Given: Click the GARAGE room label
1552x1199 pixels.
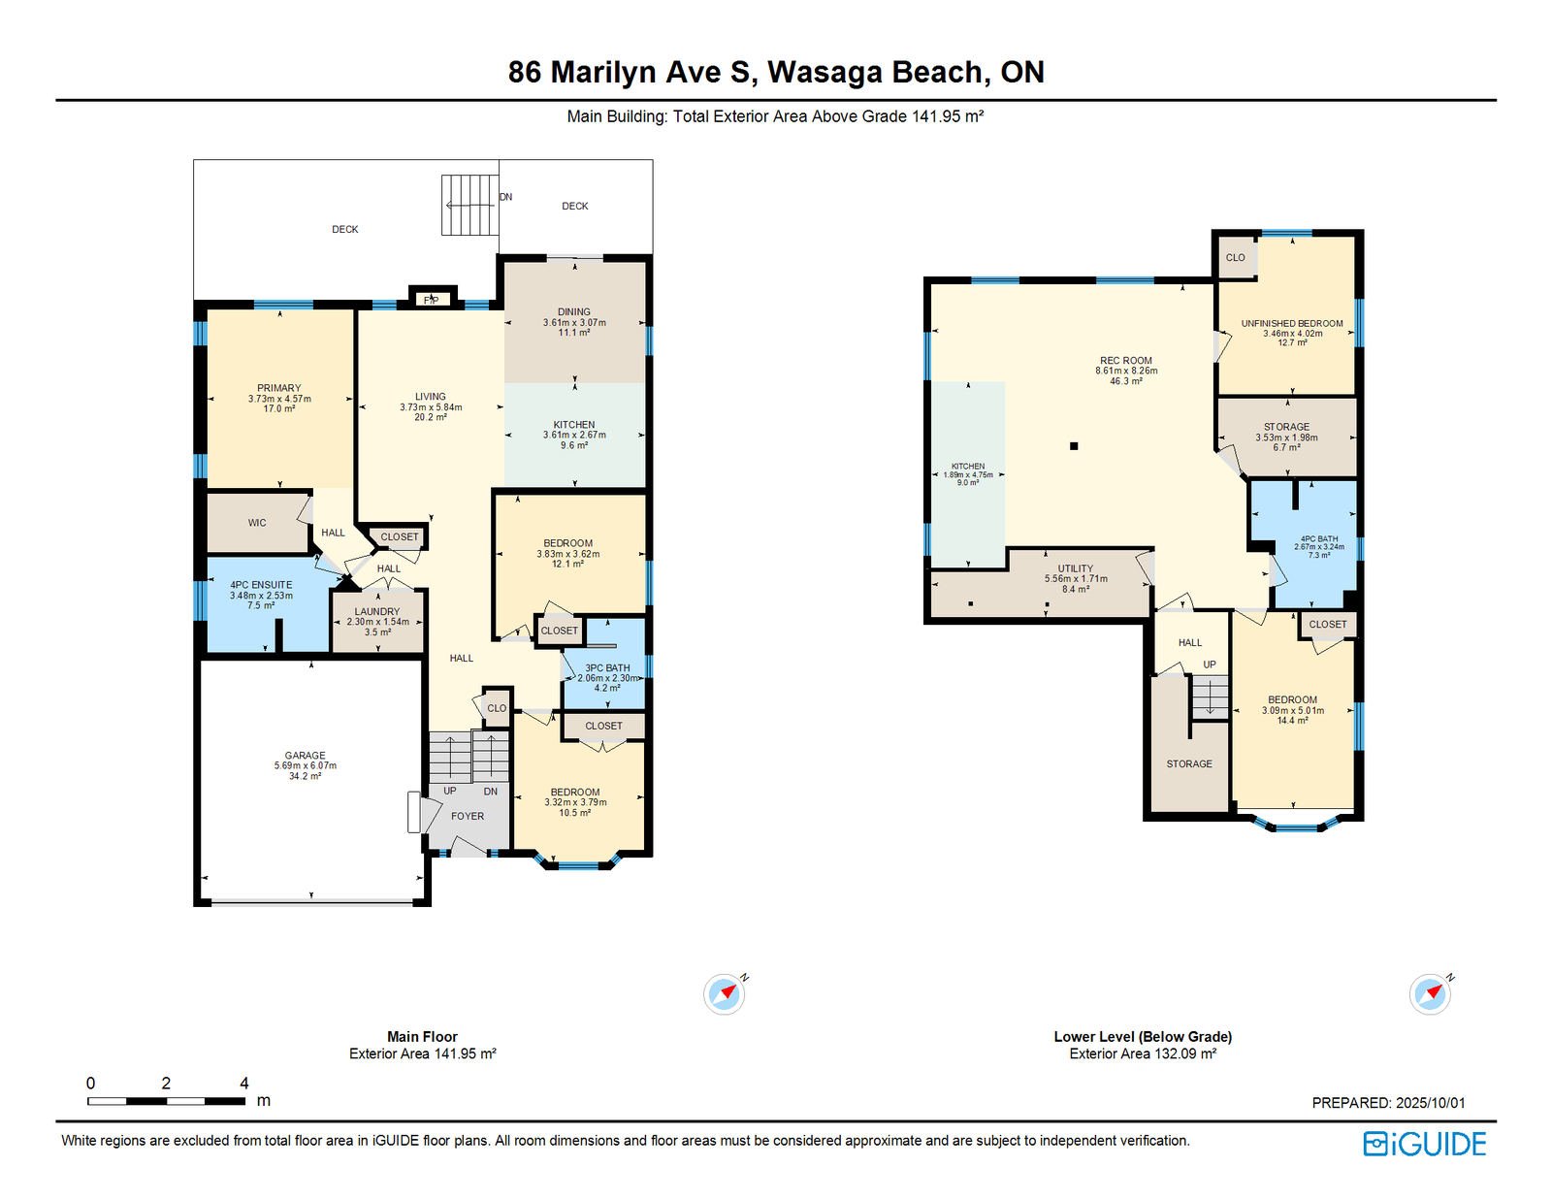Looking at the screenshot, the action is tap(305, 755).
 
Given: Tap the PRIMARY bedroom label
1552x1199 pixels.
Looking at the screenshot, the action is tap(278, 388).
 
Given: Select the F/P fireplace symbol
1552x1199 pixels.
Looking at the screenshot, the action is tap(432, 300).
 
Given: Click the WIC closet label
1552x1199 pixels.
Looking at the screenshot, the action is tap(257, 523).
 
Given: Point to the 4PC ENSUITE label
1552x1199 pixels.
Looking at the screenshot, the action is tap(261, 584).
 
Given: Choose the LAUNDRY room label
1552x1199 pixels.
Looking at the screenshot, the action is tap(377, 611).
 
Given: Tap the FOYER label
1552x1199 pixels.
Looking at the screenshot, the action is tap(468, 816).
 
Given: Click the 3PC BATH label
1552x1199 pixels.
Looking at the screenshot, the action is tap(607, 667).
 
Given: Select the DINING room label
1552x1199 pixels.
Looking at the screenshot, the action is tap(574, 311).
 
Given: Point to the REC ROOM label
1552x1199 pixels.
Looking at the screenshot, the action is tap(1125, 361).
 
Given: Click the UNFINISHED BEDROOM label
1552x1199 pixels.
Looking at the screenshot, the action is tap(1292, 323).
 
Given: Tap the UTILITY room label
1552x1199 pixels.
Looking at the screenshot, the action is tap(1076, 568).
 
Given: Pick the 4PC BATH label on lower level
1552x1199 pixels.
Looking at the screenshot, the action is tap(1319, 539).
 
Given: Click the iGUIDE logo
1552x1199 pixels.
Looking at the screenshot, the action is tap(1425, 1144).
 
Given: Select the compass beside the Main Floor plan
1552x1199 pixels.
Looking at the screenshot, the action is tap(725, 993).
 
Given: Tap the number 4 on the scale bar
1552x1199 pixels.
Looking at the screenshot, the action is tap(244, 1083).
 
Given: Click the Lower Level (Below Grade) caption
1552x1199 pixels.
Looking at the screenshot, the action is tap(1143, 1036).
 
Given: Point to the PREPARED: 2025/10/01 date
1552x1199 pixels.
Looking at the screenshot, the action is tap(1388, 1103).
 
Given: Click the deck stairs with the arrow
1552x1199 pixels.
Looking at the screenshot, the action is tap(469, 205).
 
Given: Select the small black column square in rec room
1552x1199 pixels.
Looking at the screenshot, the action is tap(1074, 446).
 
